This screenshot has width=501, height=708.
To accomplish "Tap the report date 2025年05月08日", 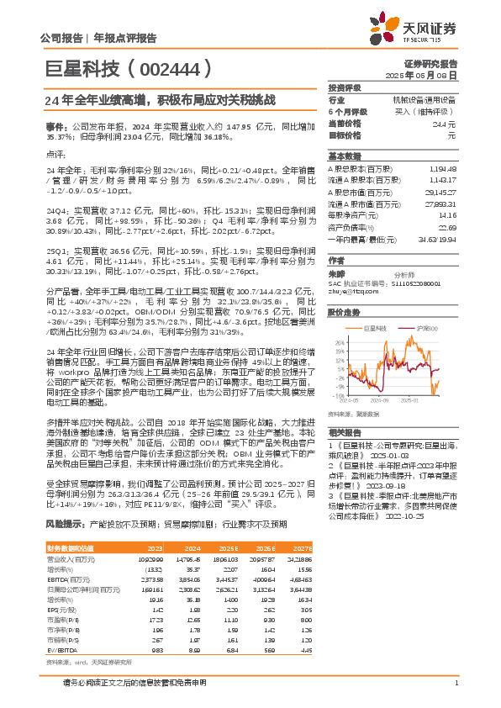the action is (x=431, y=75).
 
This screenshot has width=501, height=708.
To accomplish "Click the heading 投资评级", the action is (x=345, y=87).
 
